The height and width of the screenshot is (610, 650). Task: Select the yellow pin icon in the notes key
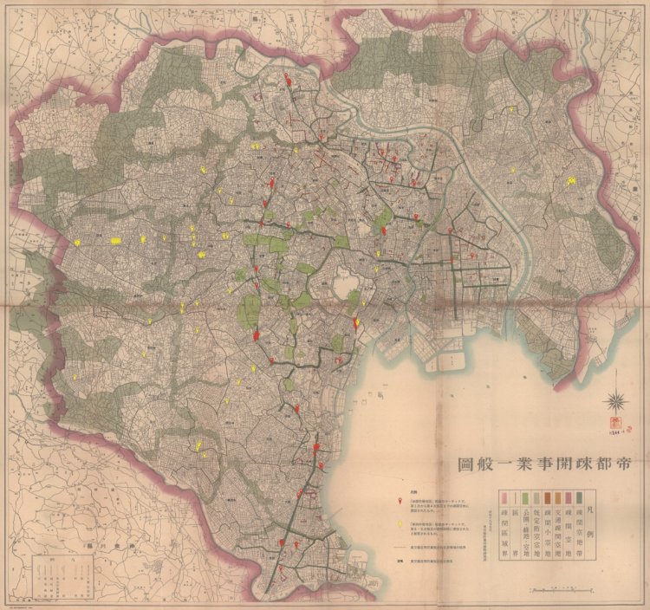pyautogui.click(x=400, y=526)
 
